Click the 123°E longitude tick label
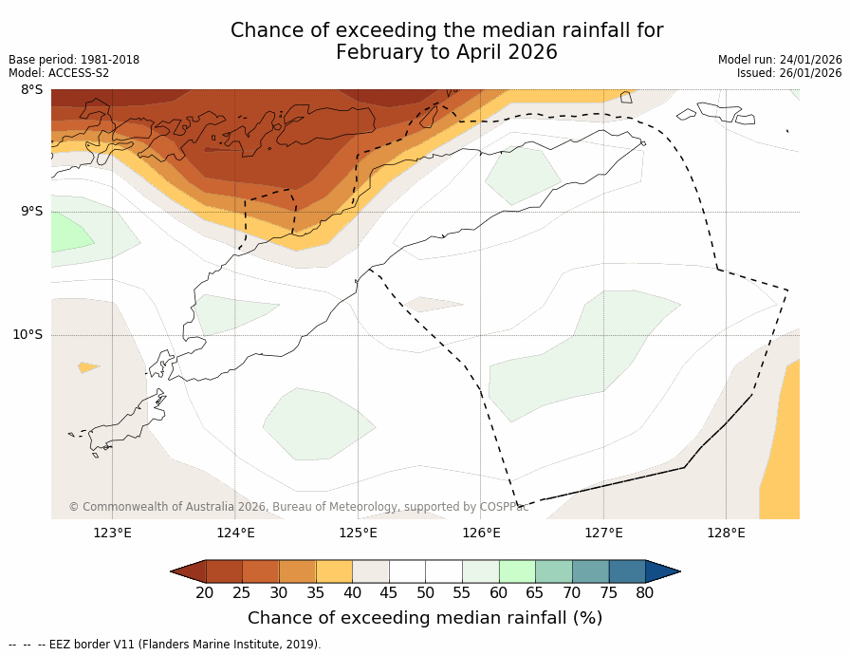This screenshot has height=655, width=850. coord(112,533)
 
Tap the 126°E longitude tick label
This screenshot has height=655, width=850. coord(481,533)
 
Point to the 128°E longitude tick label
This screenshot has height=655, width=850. coord(726,533)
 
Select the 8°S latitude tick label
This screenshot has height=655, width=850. coord(31,90)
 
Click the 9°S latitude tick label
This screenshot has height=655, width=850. coord(31,212)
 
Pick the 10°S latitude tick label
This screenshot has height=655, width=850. coord(28,334)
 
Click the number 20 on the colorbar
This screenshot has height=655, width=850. coord(205,593)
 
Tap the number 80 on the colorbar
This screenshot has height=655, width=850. coord(645,593)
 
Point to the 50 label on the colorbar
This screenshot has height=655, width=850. coord(425,593)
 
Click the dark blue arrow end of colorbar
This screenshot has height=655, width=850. coord(662,571)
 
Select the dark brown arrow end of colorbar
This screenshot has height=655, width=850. coord(189,571)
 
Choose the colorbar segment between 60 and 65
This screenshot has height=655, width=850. coord(517,571)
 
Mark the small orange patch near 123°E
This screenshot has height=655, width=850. coord(88,367)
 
